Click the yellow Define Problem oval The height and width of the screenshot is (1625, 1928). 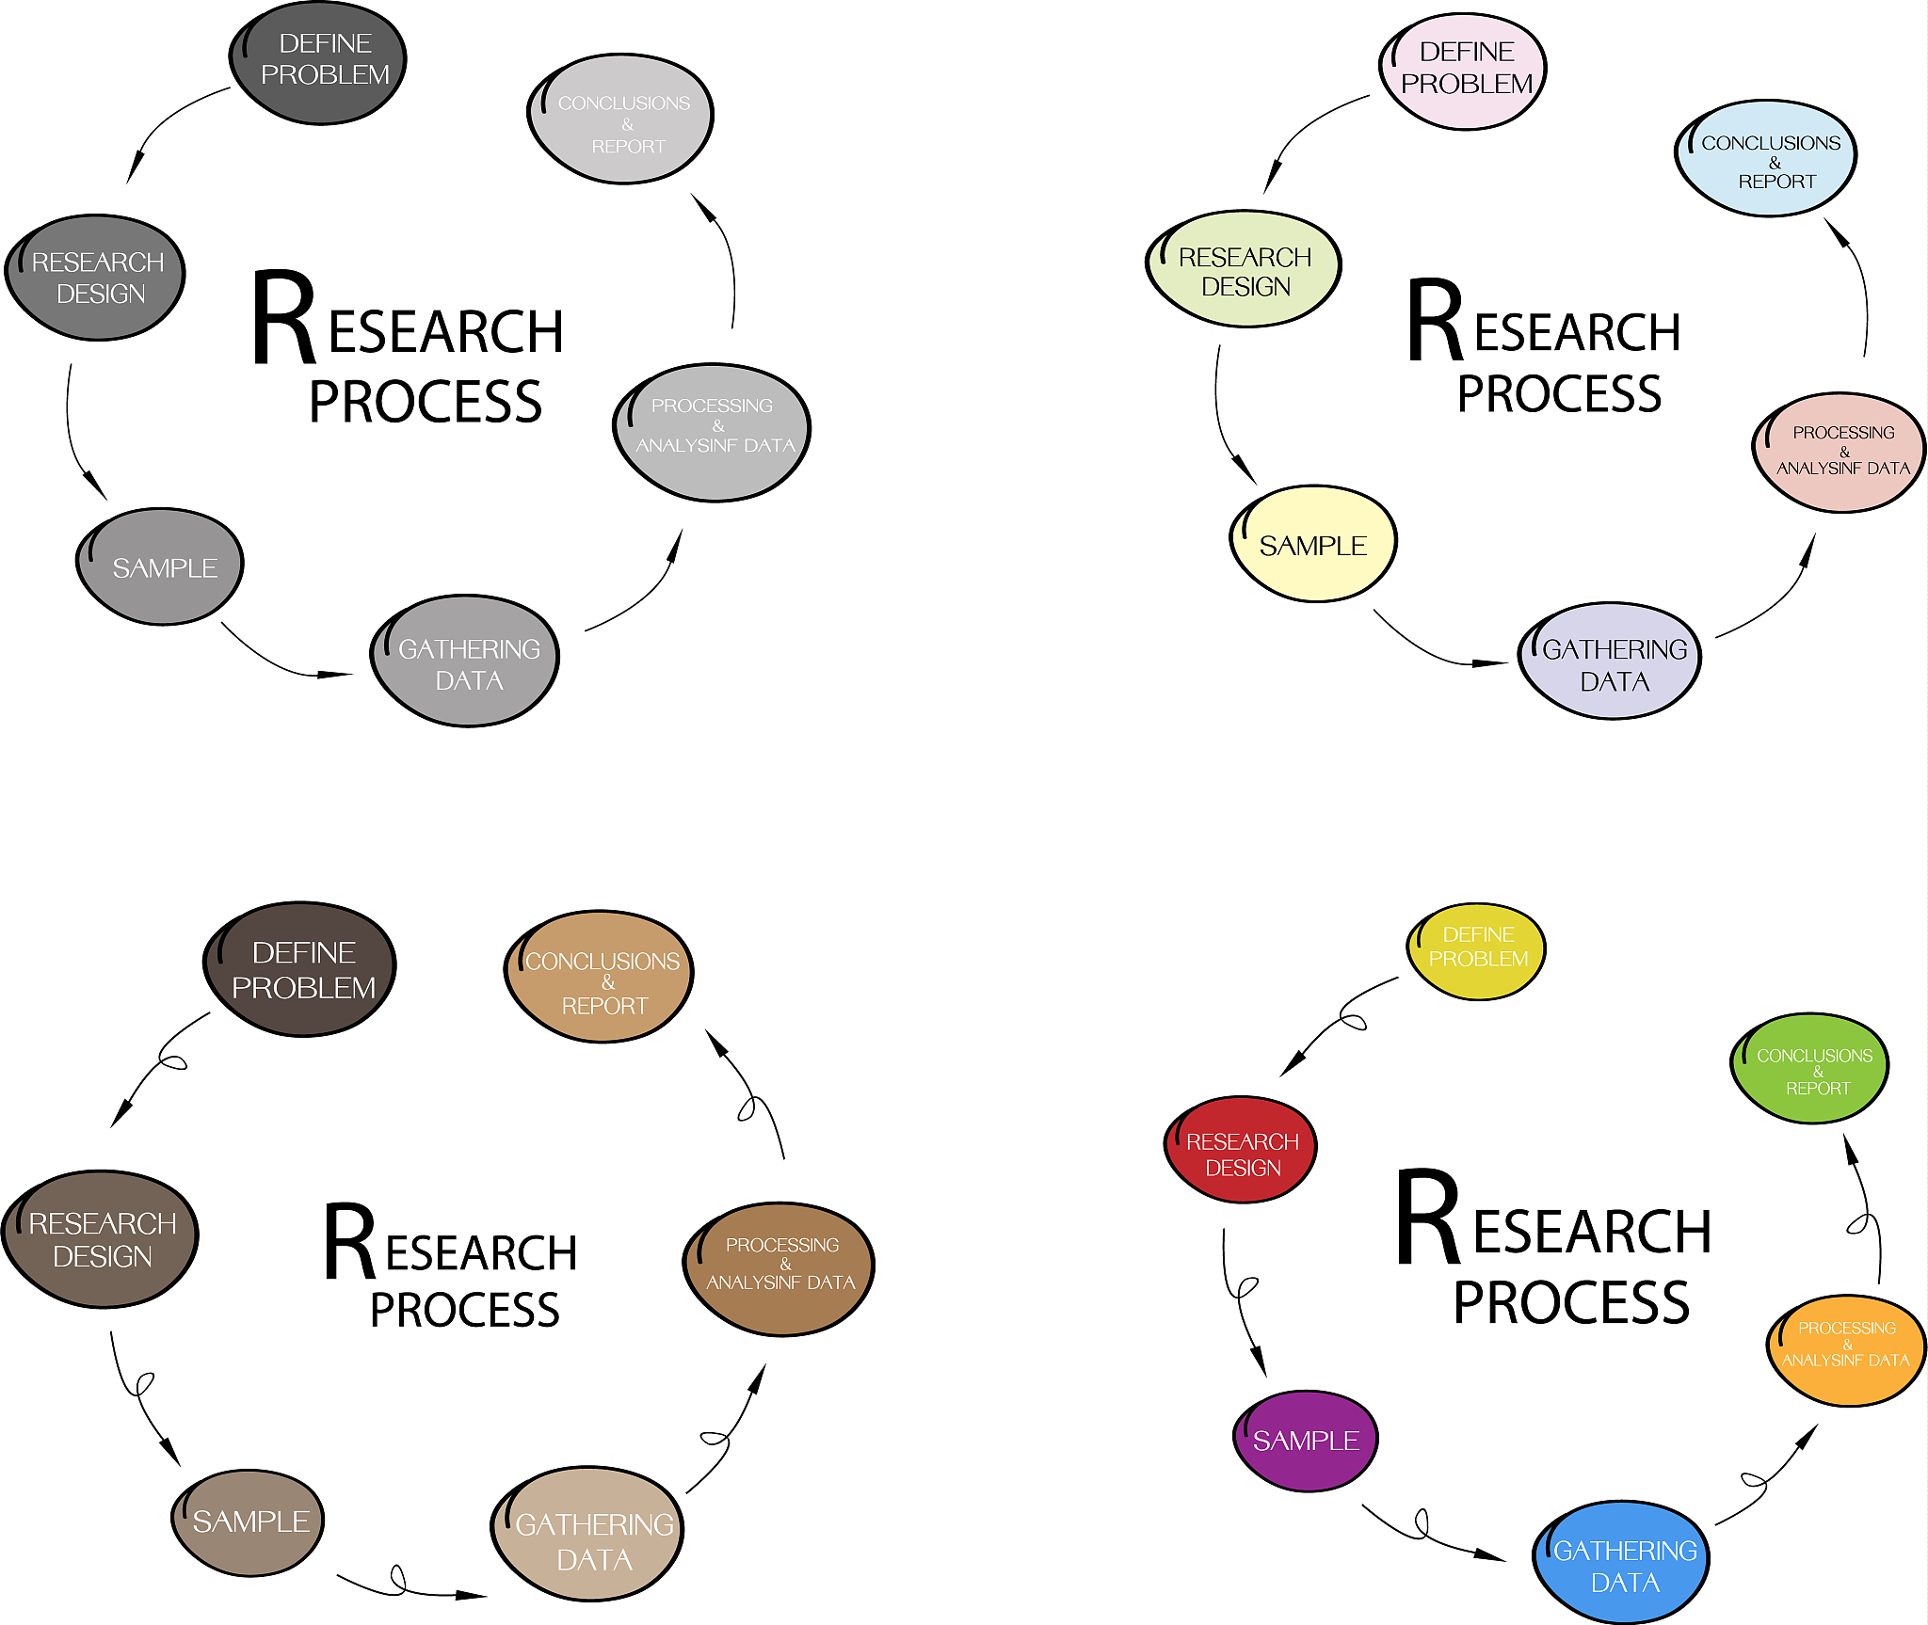click(1476, 950)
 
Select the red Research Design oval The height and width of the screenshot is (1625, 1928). click(1241, 1151)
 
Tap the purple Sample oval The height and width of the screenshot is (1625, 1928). click(1306, 1441)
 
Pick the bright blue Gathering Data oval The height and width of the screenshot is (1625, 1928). click(1623, 1563)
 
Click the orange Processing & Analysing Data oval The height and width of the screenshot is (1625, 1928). click(1846, 1349)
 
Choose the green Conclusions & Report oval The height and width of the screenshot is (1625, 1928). click(1810, 1069)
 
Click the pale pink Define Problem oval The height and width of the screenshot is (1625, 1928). click(1464, 71)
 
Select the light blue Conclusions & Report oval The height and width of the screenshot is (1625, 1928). click(1766, 158)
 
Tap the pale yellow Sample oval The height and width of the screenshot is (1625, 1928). click(1313, 544)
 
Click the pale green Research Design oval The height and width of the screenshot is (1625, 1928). click(1244, 269)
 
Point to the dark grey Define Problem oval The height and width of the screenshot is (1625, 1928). click(318, 62)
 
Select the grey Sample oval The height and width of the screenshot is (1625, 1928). click(160, 566)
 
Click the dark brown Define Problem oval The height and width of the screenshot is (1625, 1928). click(300, 969)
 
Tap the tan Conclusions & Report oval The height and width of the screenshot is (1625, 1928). click(600, 977)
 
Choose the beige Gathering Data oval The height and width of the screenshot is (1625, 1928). click(588, 1534)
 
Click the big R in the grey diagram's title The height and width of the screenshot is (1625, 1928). click(282, 317)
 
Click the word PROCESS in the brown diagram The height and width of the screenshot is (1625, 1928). click(465, 1310)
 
